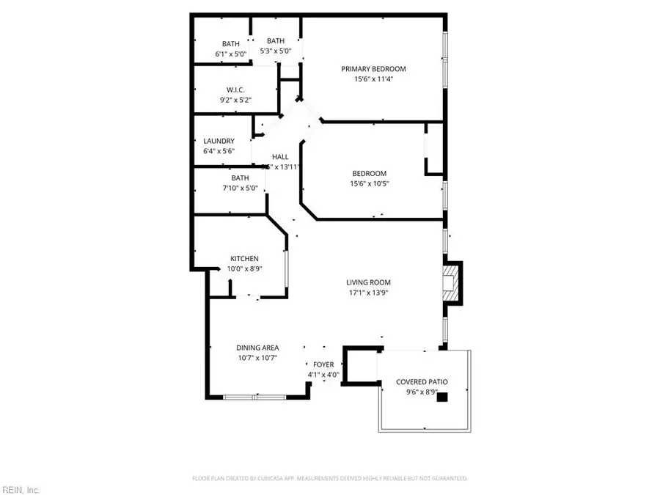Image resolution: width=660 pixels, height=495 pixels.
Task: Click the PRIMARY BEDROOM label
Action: coord(373,69)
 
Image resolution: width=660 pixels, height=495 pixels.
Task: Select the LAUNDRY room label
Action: coord(219,141)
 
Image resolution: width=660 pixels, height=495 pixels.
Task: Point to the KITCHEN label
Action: coord(244,259)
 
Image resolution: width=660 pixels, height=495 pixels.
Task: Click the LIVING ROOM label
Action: coord(368,282)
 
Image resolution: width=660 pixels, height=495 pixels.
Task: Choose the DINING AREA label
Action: coord(257,348)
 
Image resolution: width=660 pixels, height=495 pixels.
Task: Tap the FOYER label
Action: coord(323,364)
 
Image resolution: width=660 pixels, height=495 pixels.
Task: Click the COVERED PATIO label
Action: coord(422,382)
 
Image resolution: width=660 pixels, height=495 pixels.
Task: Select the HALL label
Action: coord(280,157)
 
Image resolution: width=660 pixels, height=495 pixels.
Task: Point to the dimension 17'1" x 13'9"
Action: coord(368,293)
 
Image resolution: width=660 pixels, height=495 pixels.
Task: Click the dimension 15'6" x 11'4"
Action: coord(373,79)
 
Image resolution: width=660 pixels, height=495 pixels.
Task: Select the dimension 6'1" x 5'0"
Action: coord(231,54)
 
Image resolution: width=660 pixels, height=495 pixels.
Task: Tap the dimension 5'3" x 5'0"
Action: coord(276,51)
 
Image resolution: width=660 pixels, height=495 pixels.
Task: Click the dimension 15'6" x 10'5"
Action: coord(369,184)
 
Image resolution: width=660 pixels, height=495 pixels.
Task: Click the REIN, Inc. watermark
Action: coord(22,488)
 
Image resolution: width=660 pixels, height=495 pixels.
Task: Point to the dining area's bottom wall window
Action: coord(254,397)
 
